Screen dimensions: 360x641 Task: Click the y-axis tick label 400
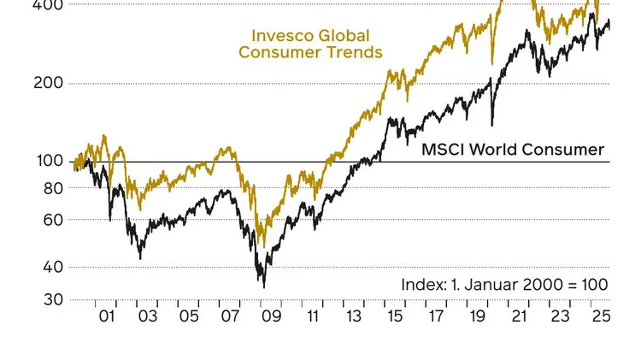[49, 5]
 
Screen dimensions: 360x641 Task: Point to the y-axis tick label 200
[49, 84]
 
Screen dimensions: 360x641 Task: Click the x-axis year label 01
[107, 316]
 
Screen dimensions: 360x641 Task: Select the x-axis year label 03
[148, 316]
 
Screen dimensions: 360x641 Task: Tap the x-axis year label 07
[230, 316]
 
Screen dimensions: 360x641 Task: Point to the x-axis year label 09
[271, 316]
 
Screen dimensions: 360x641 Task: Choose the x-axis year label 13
[353, 316]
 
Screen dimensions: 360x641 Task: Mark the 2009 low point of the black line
[263, 286]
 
